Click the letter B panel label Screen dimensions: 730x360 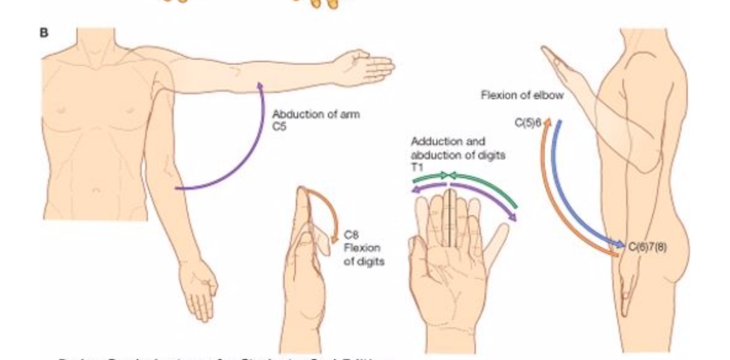tap(44, 33)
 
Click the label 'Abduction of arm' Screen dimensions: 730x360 tap(316, 115)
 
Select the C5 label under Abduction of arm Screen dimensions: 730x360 tap(279, 127)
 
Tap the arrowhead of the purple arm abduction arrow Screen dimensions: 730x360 tap(260, 85)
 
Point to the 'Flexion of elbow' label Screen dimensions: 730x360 tap(522, 95)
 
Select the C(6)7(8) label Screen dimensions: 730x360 tap(647, 247)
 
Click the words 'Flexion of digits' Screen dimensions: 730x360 tap(363, 254)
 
